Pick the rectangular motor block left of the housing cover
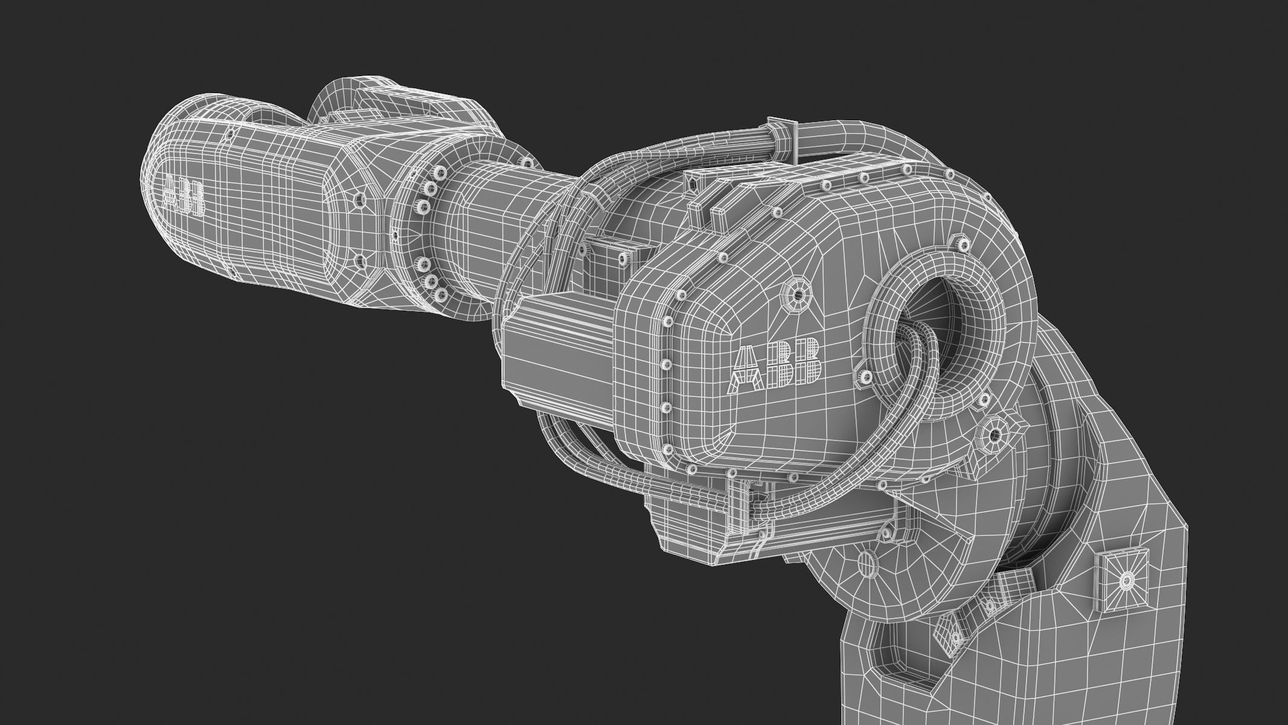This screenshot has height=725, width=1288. click(559, 356)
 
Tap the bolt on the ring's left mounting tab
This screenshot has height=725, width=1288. click(862, 379)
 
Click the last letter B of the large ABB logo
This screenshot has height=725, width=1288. click(807, 361)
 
